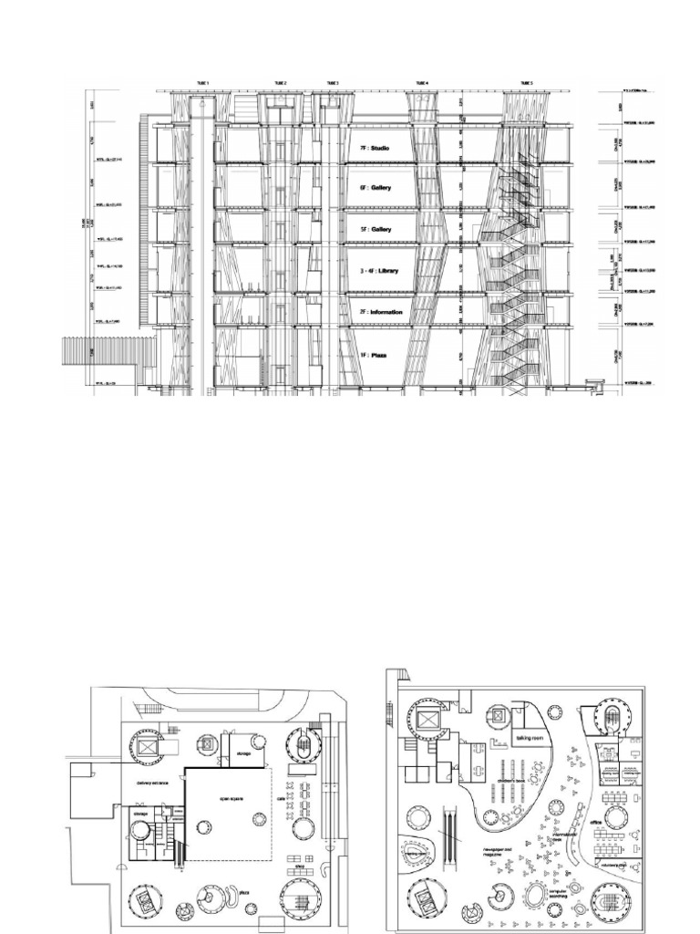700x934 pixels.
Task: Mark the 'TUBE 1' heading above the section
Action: point(201,83)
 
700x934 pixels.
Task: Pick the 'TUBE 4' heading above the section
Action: point(420,83)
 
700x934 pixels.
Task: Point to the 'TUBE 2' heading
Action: point(279,83)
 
